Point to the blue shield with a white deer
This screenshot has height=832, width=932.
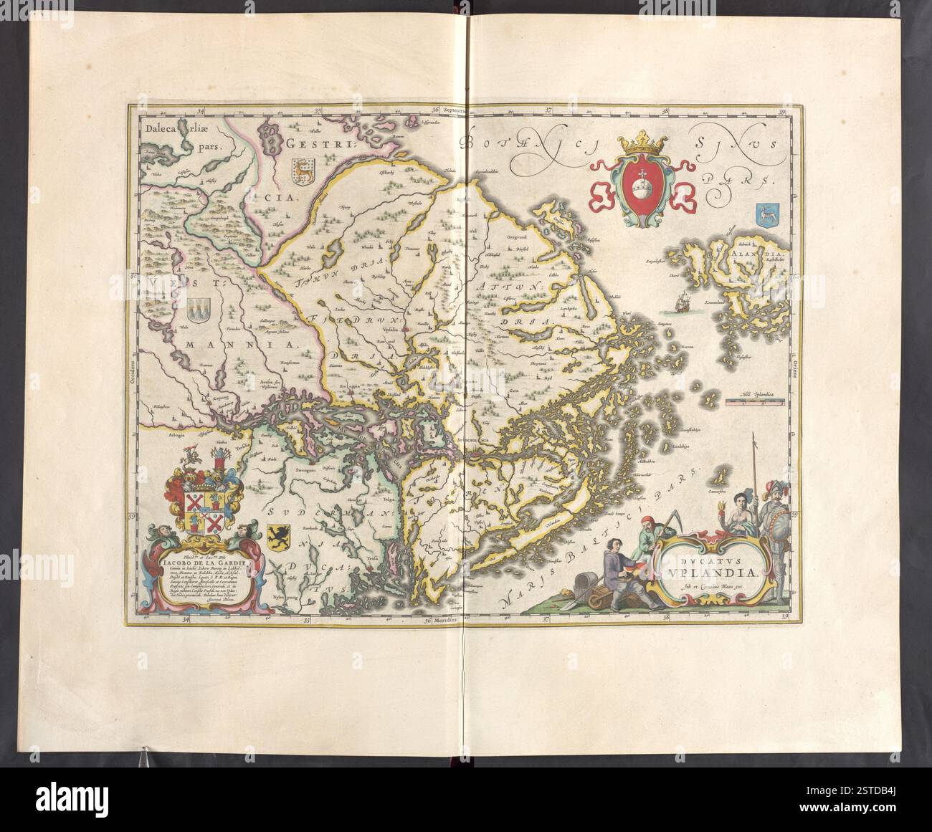tap(762, 213)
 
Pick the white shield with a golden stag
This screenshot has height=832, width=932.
tap(300, 171)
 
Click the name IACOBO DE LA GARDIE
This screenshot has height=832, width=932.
tap(200, 563)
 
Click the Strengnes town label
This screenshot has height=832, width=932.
tap(308, 470)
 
